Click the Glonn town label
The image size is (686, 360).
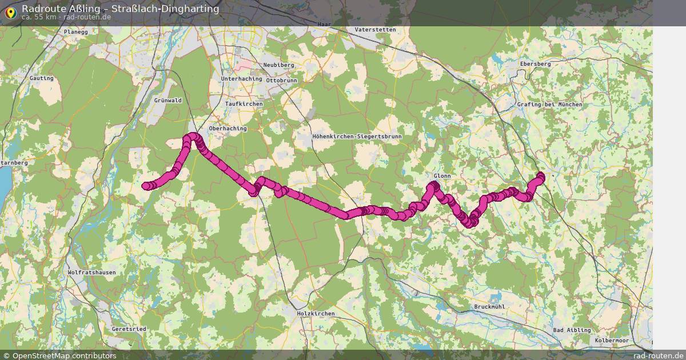(442, 176)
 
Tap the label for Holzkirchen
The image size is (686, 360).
(316, 314)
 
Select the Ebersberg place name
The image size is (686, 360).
(535, 64)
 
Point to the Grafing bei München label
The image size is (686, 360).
(549, 105)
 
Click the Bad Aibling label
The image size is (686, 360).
(572, 330)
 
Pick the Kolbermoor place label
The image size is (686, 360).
(611, 340)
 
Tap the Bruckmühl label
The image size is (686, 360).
(489, 307)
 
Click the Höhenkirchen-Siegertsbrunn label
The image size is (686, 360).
(357, 137)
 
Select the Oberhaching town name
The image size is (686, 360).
(228, 129)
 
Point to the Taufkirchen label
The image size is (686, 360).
(244, 104)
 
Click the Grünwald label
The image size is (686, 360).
(167, 101)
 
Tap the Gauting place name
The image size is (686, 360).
(41, 78)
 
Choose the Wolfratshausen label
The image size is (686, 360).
(91, 273)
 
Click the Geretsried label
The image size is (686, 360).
(129, 329)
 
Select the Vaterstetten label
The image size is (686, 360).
(375, 29)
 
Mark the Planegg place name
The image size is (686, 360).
(76, 33)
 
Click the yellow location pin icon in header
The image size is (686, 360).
(10, 11)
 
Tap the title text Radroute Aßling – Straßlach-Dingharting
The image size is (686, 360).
(120, 9)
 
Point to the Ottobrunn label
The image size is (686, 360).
(282, 81)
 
